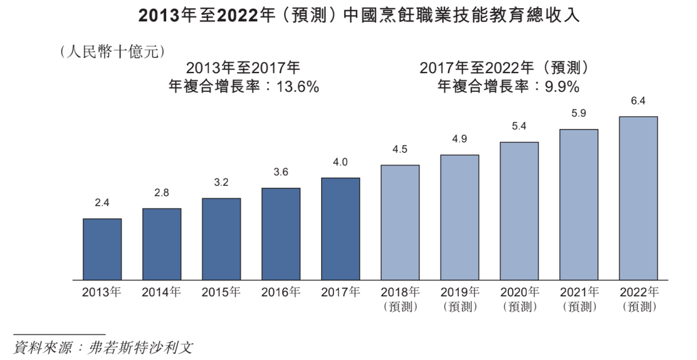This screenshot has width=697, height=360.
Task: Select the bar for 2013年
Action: pyautogui.click(x=102, y=249)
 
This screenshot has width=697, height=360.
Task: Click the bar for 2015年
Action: pyautogui.click(x=221, y=238)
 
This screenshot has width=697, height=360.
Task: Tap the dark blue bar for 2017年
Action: pyautogui.click(x=340, y=228)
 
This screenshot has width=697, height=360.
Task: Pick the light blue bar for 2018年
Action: pyautogui.click(x=400, y=222)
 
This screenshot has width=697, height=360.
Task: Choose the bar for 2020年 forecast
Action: pyautogui.click(x=519, y=210)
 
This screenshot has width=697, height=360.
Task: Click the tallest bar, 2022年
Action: pyautogui.click(x=638, y=197)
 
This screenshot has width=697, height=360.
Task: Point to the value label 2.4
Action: pyautogui.click(x=102, y=203)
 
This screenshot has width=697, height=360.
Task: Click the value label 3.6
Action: pyautogui.click(x=281, y=172)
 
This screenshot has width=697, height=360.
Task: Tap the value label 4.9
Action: pyautogui.click(x=459, y=139)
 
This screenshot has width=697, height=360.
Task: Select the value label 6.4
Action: pyautogui.click(x=638, y=101)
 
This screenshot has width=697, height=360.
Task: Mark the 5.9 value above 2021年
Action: pyautogui.click(x=579, y=114)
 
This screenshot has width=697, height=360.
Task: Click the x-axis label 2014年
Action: pyautogui.click(x=161, y=292)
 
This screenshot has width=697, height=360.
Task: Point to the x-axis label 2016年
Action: pyautogui.click(x=281, y=292)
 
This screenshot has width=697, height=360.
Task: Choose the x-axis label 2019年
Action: pyautogui.click(x=459, y=292)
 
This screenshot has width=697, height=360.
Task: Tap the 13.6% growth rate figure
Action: pyautogui.click(x=298, y=87)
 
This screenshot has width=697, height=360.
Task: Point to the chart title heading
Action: pyautogui.click(x=359, y=16)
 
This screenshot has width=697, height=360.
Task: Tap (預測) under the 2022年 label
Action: pyautogui.click(x=639, y=307)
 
